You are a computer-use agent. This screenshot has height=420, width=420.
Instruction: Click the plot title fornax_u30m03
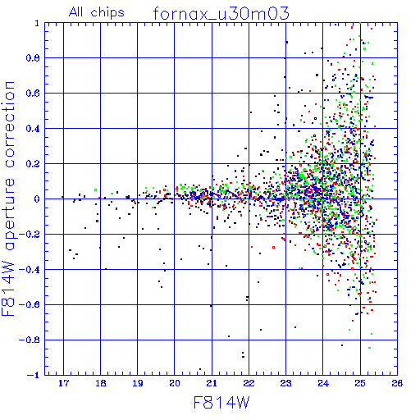coord(221,13)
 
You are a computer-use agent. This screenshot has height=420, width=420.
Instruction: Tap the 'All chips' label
coord(97,12)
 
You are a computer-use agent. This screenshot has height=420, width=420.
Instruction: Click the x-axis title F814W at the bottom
coord(221,403)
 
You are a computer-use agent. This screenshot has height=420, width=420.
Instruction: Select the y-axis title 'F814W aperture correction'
coord(8,199)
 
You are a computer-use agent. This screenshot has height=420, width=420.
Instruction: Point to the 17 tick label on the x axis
coord(63,383)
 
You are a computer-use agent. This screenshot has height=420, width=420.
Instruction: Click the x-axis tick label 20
coord(175,383)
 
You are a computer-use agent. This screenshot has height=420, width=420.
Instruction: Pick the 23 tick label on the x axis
coord(285,383)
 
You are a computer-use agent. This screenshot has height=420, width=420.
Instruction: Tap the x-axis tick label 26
coord(397,383)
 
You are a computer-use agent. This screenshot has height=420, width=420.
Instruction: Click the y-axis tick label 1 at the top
coord(37,23)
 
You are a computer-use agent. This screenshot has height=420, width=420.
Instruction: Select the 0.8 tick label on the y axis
coord(33,58)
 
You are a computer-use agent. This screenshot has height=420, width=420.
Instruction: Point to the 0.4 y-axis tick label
coord(33,129)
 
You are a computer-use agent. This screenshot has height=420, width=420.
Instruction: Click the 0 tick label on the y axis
coord(37,199)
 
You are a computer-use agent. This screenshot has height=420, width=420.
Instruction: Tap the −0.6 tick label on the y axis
coord(30,304)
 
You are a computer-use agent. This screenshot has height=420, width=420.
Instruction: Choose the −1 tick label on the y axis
coord(34,375)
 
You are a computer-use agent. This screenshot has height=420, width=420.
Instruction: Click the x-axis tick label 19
coord(138,383)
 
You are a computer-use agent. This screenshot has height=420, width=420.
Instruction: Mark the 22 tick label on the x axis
coord(249,383)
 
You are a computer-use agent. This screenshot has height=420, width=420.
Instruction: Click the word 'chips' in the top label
coord(107,13)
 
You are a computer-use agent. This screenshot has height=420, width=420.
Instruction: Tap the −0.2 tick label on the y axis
coord(30,234)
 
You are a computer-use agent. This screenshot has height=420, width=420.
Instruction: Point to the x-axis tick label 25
coord(360,383)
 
